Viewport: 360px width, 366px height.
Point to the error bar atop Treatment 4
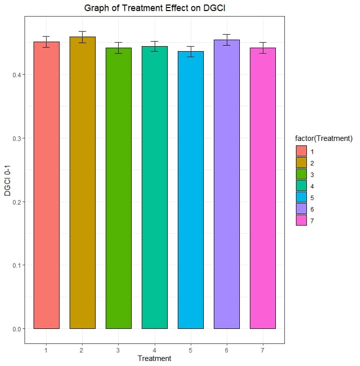(x=155, y=46)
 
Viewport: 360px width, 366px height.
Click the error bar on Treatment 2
(x=83, y=37)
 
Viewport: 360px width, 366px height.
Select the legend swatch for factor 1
(x=301, y=151)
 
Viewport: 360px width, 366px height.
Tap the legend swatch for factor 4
(x=301, y=186)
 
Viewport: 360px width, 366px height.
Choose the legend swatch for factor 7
(x=301, y=221)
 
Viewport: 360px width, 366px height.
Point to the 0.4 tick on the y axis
(x=18, y=75)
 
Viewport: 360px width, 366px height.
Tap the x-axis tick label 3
(x=119, y=350)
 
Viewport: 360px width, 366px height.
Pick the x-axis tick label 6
(x=227, y=350)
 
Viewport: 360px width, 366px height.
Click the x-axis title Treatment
(x=154, y=358)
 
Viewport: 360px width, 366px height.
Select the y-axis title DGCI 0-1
(x=8, y=182)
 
